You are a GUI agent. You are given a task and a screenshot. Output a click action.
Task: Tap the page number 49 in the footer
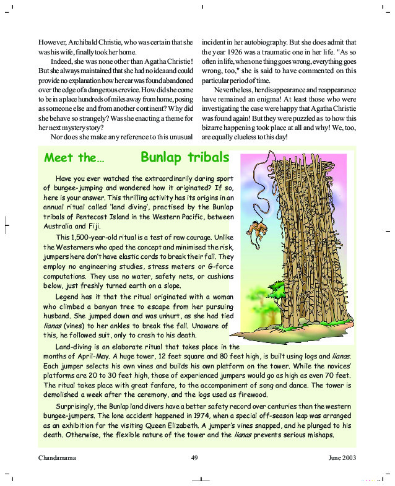pyautogui.click(x=194, y=458)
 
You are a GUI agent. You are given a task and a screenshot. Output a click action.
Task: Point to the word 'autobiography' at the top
pyautogui.click(x=278, y=41)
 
